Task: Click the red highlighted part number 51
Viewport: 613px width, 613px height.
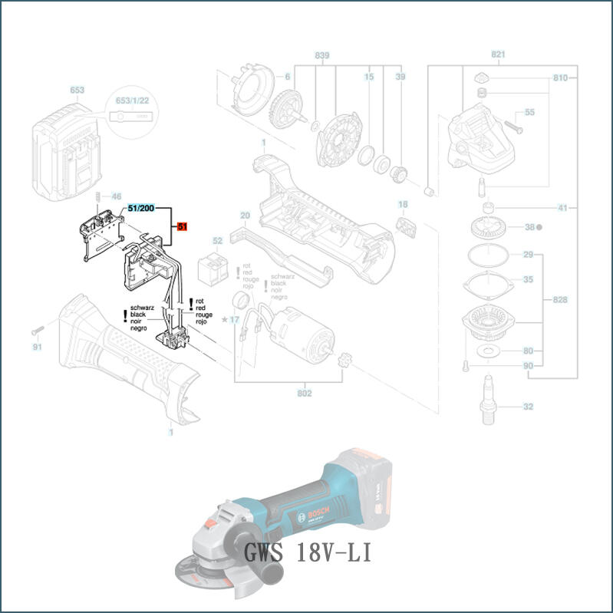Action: point(183,226)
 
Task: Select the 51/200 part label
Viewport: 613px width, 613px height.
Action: point(141,208)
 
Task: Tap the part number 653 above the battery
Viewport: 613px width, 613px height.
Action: point(77,90)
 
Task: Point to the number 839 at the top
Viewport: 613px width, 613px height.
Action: point(321,56)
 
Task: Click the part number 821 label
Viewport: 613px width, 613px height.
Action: point(499,55)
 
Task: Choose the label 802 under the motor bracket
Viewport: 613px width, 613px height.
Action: point(305,394)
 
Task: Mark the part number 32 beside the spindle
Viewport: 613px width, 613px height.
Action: point(528,407)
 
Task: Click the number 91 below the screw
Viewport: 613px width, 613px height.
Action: point(37,347)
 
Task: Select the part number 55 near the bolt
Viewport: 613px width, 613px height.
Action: point(529,113)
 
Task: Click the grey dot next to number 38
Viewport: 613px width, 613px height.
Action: point(540,228)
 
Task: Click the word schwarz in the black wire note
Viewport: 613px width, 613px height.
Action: point(143,308)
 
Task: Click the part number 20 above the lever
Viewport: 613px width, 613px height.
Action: point(246,215)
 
